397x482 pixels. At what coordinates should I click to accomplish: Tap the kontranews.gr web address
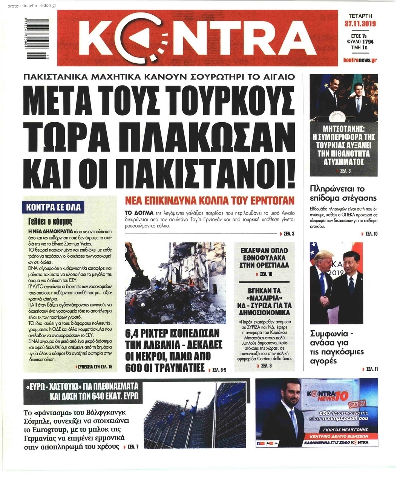pos(360,60)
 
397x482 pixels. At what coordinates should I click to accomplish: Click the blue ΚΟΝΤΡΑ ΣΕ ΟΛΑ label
pos(54,207)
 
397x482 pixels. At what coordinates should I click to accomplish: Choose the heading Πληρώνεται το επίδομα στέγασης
pos(343,193)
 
